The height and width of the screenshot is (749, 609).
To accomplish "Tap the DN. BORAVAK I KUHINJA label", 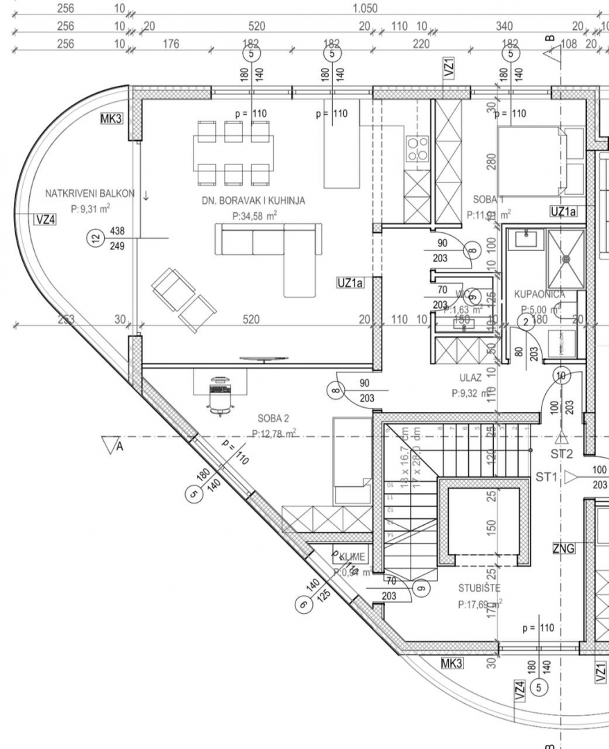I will click(254, 201).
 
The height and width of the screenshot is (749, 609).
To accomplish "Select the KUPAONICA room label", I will click(540, 294).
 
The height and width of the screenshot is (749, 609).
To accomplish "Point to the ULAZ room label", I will click(470, 379).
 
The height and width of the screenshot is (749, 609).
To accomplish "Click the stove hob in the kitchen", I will click(417, 148).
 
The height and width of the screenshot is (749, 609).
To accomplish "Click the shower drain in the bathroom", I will click(566, 259).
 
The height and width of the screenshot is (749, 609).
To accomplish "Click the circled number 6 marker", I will click(302, 605).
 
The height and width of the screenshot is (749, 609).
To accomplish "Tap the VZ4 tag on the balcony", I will click(46, 220).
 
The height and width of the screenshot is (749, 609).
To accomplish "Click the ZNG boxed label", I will click(563, 549).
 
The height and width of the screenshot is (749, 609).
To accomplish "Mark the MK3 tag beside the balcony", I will click(111, 119).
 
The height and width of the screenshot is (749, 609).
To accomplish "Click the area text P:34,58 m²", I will click(255, 217).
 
